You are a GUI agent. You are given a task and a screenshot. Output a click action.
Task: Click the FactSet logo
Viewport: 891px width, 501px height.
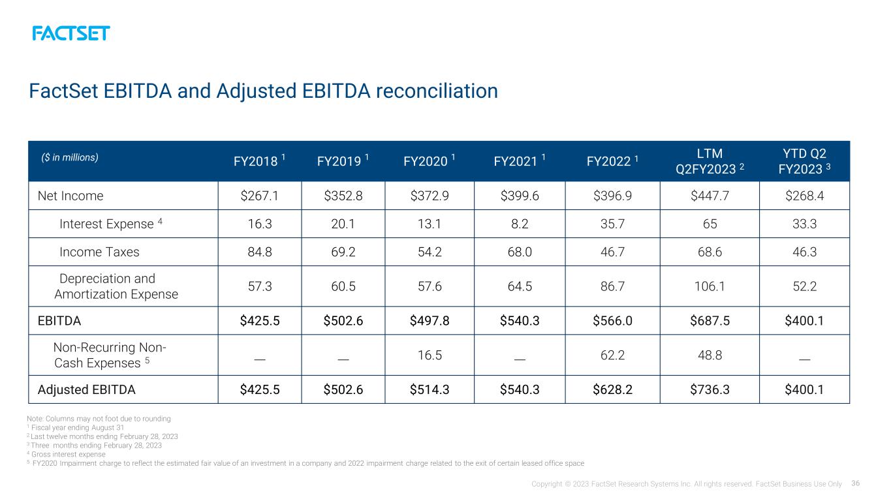point(70,33)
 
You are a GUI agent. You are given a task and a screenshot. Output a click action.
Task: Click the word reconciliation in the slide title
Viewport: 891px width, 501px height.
point(437,91)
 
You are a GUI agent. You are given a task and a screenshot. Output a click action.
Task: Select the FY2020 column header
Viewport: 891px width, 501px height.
point(430,160)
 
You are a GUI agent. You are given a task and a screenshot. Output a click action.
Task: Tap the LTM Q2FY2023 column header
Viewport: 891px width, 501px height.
point(710,161)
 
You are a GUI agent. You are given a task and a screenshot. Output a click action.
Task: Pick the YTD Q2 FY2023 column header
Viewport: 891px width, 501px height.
point(804,161)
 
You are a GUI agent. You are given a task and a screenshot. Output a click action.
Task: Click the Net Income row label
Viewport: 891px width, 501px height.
point(70,196)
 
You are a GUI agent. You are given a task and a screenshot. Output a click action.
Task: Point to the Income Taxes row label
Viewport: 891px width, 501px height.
point(99,252)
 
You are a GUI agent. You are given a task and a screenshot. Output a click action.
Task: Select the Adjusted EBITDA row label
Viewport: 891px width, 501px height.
point(87,389)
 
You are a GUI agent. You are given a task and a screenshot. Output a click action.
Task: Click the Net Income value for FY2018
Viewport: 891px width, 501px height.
point(260,196)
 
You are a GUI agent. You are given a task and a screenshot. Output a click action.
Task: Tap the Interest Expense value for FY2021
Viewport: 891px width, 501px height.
point(520,224)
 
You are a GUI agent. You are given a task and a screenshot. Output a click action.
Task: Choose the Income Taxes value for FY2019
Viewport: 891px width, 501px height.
point(343,252)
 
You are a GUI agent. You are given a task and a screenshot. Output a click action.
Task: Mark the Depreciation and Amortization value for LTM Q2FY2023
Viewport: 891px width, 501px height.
point(710,286)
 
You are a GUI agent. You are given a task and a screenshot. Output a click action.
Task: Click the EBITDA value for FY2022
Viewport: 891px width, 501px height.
point(612,320)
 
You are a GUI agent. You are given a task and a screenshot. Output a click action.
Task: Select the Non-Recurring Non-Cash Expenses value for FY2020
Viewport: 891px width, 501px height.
point(430,355)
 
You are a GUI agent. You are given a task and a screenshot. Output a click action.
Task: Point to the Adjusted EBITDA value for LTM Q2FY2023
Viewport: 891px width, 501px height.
point(710,389)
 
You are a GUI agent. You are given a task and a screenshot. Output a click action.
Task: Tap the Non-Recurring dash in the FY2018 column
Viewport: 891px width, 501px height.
point(260,359)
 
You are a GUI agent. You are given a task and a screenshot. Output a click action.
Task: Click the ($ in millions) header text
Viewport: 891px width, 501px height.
point(70,157)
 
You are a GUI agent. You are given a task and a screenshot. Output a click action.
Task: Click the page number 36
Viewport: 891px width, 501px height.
point(856,483)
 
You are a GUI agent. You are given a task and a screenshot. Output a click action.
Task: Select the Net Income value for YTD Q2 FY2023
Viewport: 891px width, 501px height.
point(804,196)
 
